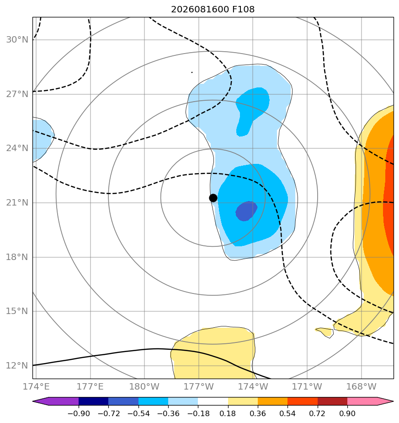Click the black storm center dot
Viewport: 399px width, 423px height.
tap(213, 198)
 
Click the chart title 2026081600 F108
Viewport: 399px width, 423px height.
tap(213, 10)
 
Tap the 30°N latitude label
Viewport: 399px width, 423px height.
tap(17, 40)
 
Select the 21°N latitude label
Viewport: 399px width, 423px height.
tap(17, 203)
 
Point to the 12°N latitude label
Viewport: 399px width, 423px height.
tap(17, 365)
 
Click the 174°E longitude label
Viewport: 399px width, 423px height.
tap(36, 386)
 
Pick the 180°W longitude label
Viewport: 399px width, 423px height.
tap(144, 386)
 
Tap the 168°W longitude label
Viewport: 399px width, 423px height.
tap(361, 386)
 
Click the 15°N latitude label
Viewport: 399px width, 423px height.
tap(17, 311)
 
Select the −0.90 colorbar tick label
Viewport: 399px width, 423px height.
tap(79, 413)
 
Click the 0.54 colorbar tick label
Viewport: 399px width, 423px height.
tap(288, 413)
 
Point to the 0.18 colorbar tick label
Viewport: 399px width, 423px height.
tap(228, 413)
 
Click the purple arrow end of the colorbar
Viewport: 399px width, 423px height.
tap(55, 401)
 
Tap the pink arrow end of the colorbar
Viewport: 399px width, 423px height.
tap(371, 401)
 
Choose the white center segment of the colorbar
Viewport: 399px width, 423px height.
tap(213, 401)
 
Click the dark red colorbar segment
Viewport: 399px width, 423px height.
tap(332, 401)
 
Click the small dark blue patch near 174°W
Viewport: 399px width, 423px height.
tap(246, 211)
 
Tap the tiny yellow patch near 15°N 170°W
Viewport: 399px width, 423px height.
tap(325, 332)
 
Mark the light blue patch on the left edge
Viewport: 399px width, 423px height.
tap(43, 140)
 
